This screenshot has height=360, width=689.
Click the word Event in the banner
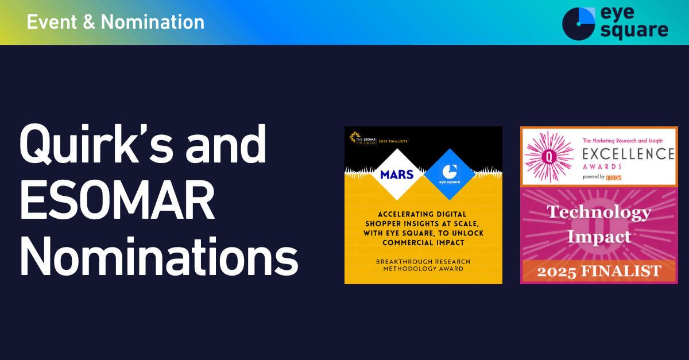click(52, 22)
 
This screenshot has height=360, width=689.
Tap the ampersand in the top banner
click(89, 22)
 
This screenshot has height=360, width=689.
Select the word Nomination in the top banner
click(153, 22)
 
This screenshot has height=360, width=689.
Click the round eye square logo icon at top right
click(579, 24)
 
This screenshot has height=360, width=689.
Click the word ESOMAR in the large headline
click(117, 199)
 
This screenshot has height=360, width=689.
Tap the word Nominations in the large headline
click(158, 256)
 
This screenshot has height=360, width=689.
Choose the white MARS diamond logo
click(397, 175)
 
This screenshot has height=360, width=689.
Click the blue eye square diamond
click(450, 175)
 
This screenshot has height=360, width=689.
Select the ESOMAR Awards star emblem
click(355, 137)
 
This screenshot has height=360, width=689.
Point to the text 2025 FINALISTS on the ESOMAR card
click(393, 142)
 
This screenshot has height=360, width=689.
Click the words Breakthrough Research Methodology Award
click(423, 265)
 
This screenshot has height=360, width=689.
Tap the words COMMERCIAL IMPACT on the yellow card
click(423, 243)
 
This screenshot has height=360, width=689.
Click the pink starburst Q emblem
click(549, 157)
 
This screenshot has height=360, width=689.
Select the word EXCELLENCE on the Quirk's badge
click(628, 154)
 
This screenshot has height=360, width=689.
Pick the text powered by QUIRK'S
click(602, 177)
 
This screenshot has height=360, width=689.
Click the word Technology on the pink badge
click(599, 212)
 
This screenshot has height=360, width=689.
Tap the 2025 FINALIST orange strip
click(599, 271)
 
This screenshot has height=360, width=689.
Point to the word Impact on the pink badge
click(599, 237)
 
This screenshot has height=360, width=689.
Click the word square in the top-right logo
click(634, 31)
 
